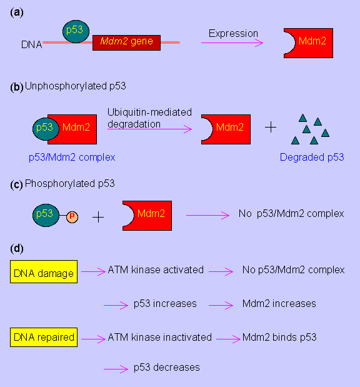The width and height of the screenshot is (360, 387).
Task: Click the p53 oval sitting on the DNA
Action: (76, 32)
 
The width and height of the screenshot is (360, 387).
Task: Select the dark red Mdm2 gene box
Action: (127, 43)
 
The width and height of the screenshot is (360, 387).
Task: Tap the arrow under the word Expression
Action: (232, 43)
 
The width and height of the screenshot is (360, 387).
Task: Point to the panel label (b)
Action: (17, 87)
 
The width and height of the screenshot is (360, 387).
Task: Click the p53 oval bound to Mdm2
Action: (46, 129)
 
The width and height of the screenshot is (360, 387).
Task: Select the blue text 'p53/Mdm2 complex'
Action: (72, 157)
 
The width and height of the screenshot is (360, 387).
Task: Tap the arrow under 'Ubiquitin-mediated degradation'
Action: (149, 129)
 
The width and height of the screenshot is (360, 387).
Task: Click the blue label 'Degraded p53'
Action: (312, 157)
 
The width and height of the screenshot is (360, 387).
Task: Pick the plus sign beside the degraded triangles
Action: (271, 128)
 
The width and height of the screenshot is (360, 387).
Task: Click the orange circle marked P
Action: (72, 217)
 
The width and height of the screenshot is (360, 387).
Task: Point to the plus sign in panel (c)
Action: (98, 217)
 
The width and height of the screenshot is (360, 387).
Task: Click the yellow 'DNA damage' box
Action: (44, 271)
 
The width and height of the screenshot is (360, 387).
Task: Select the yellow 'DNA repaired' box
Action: (44, 337)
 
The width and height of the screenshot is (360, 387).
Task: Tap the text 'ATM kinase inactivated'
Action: (160, 337)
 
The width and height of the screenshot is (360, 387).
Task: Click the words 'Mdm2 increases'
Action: (279, 304)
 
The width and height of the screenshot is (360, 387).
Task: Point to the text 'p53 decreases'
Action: (167, 368)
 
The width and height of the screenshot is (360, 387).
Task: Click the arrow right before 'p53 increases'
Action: (116, 305)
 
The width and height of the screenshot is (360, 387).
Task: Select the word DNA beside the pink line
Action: (32, 44)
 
